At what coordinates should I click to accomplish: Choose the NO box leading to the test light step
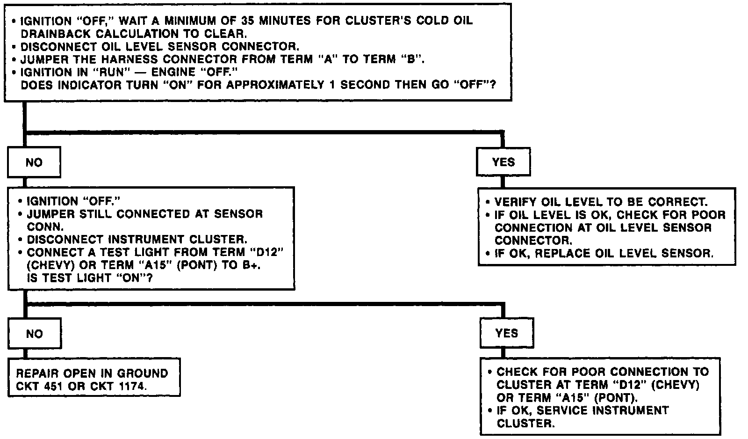click(x=34, y=162)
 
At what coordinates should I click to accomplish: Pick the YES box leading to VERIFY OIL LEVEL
click(x=503, y=162)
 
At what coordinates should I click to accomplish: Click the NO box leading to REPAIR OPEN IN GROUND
click(x=34, y=334)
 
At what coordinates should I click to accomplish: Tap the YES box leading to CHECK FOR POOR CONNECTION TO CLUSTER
click(x=507, y=333)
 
